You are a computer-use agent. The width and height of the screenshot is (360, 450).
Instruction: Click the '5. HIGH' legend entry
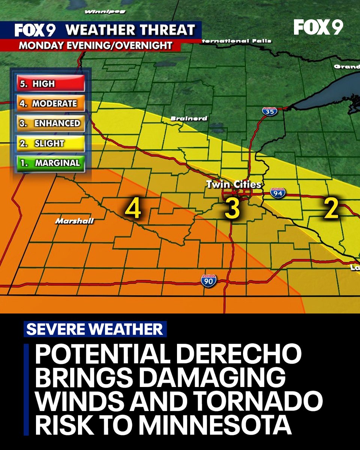[50, 84]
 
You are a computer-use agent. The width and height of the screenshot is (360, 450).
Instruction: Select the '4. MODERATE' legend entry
[50, 103]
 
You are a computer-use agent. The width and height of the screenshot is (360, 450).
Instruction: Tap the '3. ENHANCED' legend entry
[50, 123]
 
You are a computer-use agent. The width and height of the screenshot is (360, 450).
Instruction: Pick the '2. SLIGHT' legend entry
[50, 143]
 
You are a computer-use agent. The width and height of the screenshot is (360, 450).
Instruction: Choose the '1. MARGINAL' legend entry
[50, 163]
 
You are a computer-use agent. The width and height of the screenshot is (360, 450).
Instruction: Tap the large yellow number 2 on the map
[331, 209]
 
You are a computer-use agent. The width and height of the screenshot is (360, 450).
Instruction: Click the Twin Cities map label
[233, 184]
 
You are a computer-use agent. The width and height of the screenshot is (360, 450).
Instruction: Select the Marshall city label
[74, 221]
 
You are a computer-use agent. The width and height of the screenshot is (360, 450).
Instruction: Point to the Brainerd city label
[189, 118]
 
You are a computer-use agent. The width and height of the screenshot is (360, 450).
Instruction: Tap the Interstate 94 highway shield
[278, 192]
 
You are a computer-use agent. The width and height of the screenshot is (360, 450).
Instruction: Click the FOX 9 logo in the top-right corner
[318, 27]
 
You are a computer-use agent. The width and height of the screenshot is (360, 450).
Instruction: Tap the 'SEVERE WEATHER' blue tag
[95, 329]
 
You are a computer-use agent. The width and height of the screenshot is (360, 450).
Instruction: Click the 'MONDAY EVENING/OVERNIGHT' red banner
[96, 46]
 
